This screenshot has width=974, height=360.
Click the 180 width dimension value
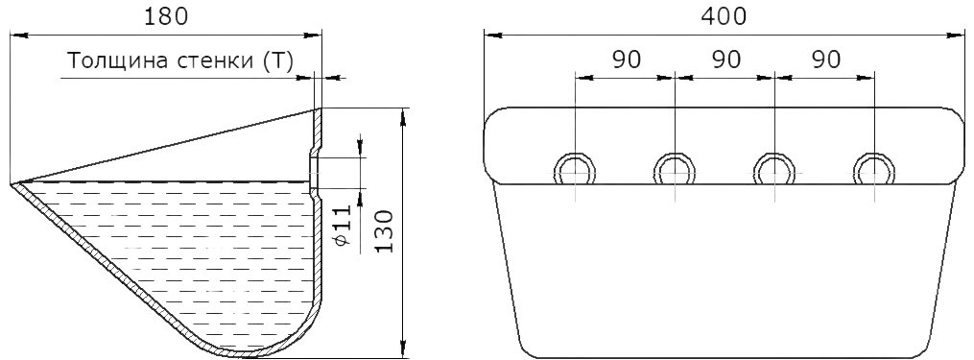[x=166, y=16]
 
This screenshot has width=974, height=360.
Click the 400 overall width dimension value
[x=724, y=16]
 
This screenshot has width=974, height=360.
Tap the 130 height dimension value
[x=385, y=230]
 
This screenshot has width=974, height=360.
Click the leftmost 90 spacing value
[x=626, y=60]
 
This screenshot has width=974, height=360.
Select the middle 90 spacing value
[x=726, y=60]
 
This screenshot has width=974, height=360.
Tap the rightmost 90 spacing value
[x=826, y=60]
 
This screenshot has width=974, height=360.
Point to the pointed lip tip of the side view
[x=12, y=184]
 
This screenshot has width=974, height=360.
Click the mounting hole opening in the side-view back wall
[x=315, y=172]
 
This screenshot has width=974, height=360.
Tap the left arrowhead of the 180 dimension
[x=19, y=36]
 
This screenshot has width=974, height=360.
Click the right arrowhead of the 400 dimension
[x=957, y=36]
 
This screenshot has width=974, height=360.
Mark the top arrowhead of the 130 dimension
[x=404, y=116]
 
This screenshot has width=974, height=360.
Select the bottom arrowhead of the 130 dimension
[x=404, y=349]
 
